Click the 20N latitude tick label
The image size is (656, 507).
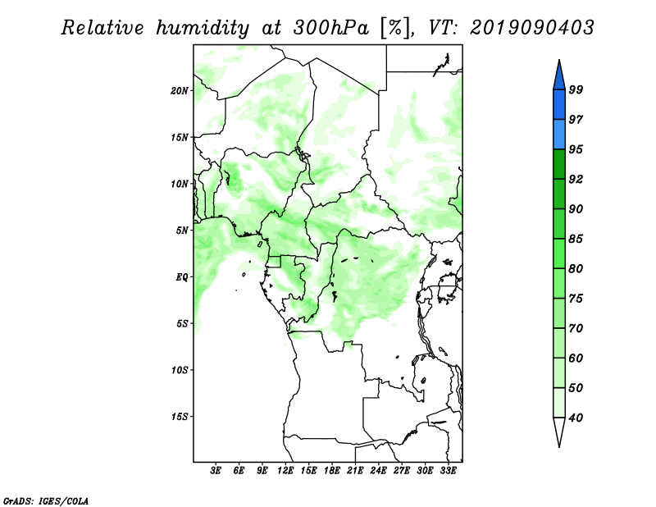pyautogui.click(x=180, y=91)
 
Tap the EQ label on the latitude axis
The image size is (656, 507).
pyautogui.click(x=181, y=277)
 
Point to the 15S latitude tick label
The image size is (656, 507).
pyautogui.click(x=180, y=417)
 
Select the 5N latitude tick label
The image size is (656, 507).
pyautogui.click(x=182, y=231)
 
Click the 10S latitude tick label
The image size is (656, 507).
pyautogui.click(x=180, y=370)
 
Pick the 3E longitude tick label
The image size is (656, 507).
pyautogui.click(x=216, y=471)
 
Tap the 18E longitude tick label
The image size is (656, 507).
pyautogui.click(x=332, y=471)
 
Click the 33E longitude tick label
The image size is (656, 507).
pyautogui.click(x=448, y=471)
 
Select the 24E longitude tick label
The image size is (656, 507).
pyautogui.click(x=378, y=471)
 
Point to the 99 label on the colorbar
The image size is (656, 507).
pyautogui.click(x=576, y=89)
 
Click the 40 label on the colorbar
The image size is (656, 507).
pyautogui.click(x=576, y=418)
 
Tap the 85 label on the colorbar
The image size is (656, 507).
pyautogui.click(x=576, y=239)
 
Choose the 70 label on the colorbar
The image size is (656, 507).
pyautogui.click(x=576, y=328)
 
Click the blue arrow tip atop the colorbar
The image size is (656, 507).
pyautogui.click(x=559, y=60)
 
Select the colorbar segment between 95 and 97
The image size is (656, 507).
pyautogui.click(x=559, y=135)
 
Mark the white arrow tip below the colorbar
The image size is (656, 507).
pyautogui.click(x=559, y=446)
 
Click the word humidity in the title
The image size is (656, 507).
pyautogui.click(x=203, y=28)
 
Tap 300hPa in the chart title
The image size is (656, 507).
pyautogui.click(x=331, y=28)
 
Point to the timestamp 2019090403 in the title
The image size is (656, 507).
pyautogui.click(x=531, y=28)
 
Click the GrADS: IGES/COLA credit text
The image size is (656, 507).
pyautogui.click(x=46, y=500)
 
